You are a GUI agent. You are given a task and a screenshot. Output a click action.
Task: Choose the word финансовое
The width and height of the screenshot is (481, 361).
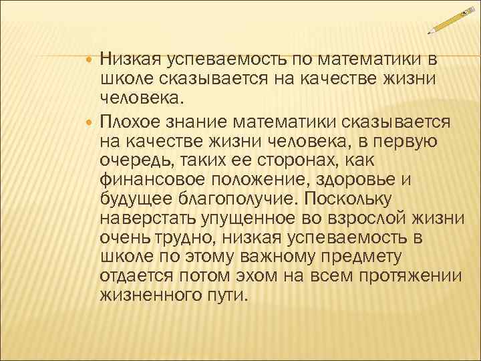tap(153, 179)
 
